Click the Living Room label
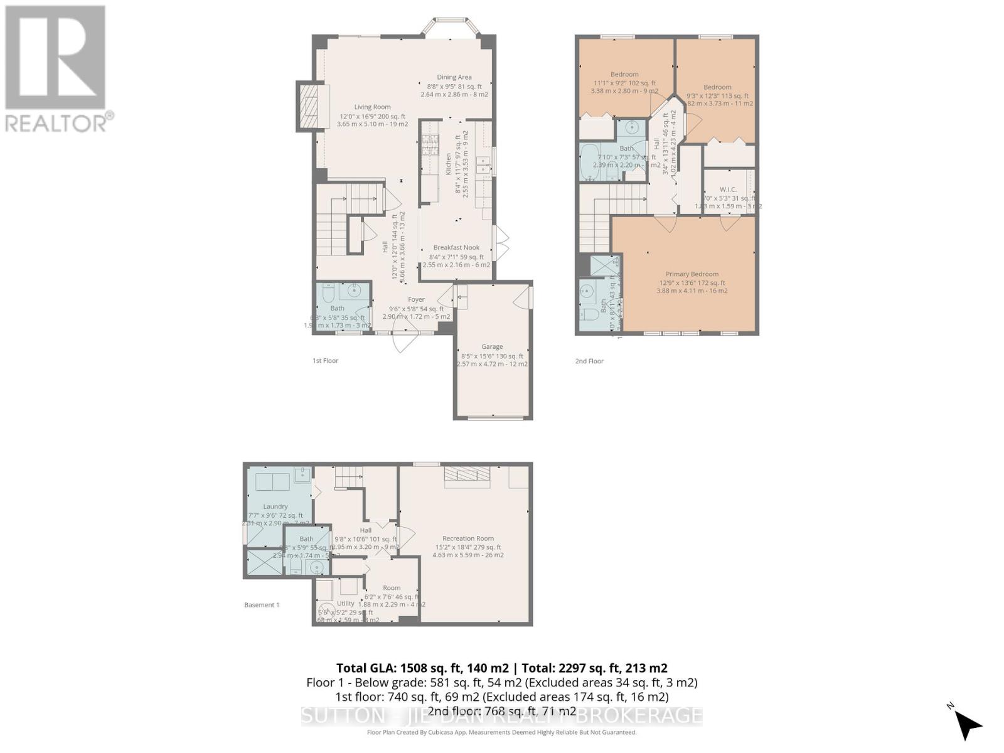click(372, 107)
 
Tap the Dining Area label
click(454, 77)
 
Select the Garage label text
click(492, 346)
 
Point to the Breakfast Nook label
click(456, 248)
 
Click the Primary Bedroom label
click(692, 274)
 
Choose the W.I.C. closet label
click(728, 190)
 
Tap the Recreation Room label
click(467, 538)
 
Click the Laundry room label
click(275, 506)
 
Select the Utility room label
click(345, 604)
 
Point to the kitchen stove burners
click(429, 145)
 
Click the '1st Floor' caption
click(325, 361)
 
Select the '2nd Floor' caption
click(589, 361)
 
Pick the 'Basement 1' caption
click(262, 605)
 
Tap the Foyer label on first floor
click(416, 300)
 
